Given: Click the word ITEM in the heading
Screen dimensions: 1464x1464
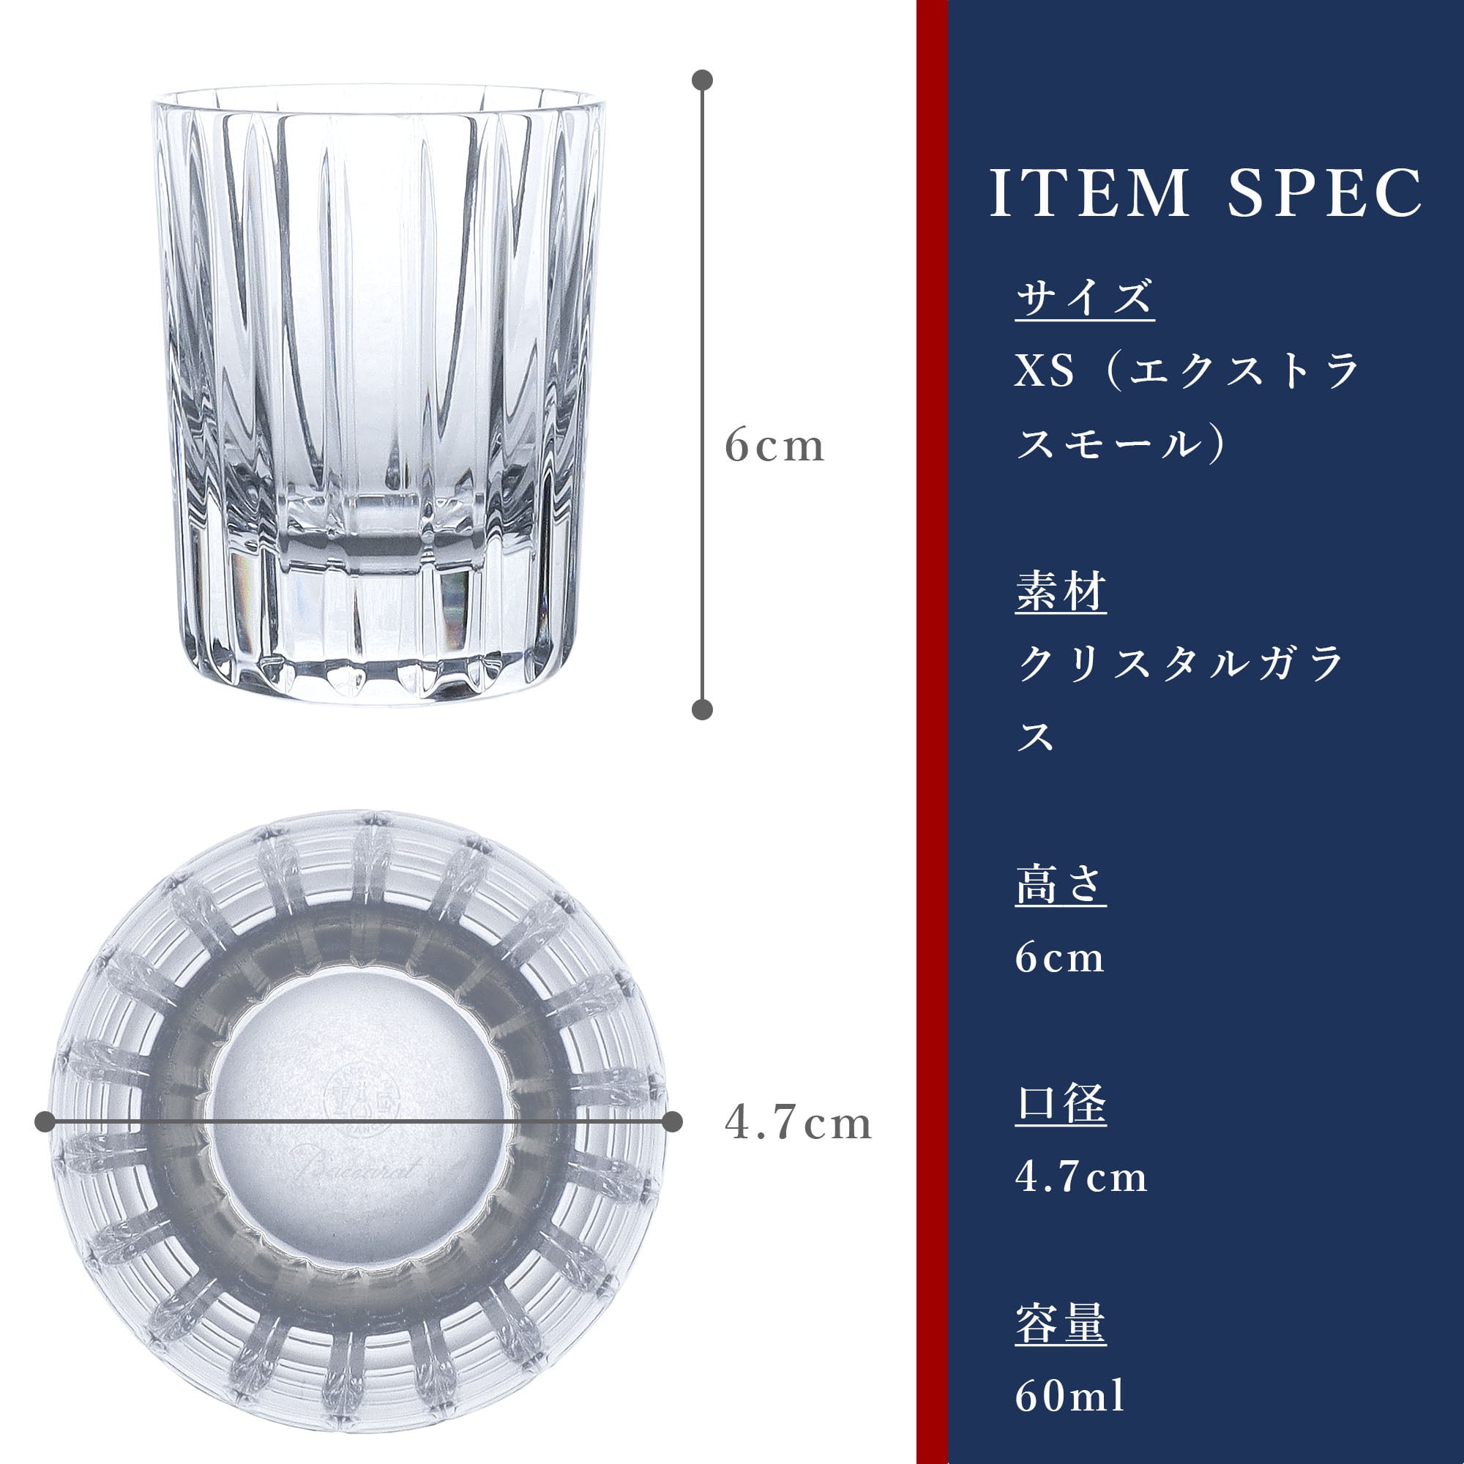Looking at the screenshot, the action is (x=1090, y=193).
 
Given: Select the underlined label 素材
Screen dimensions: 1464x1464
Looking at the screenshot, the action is (x=1061, y=591).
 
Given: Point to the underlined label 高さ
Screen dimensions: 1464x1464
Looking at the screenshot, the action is (x=1061, y=885).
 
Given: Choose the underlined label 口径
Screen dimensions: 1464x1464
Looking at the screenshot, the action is (x=1061, y=1104).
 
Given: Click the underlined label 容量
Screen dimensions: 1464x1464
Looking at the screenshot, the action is (x=1061, y=1323).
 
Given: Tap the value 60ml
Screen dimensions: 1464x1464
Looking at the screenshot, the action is (x=1070, y=1396).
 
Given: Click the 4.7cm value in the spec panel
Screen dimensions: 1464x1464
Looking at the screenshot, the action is (x=1081, y=1177).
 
